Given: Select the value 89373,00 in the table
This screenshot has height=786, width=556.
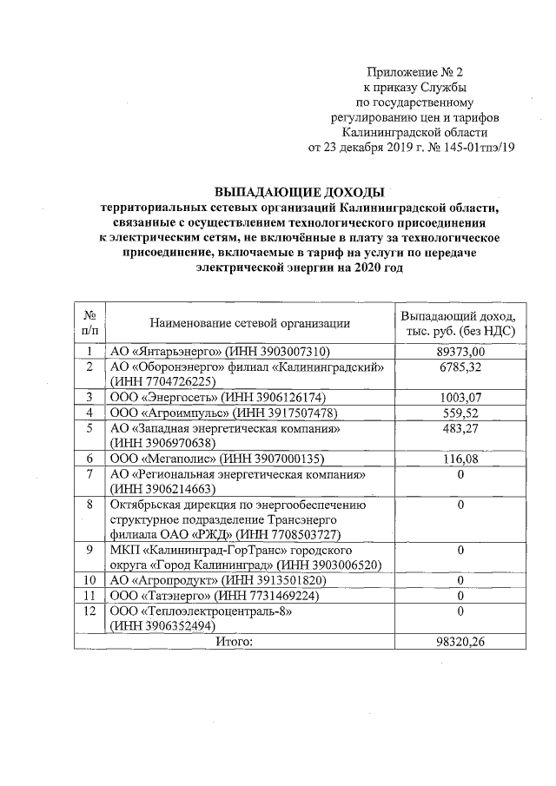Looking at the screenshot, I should pos(460,351).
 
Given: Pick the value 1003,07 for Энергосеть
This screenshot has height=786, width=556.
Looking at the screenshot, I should pos(460,397).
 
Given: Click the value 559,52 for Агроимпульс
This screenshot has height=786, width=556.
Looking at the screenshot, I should pos(460,413).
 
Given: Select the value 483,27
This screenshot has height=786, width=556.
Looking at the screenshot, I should pos(460,428).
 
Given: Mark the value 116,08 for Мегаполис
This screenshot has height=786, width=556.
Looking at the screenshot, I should pos(460,458).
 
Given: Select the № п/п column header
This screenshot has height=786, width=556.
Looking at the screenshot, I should pos(89,323).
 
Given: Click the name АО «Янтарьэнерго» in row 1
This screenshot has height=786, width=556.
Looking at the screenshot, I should pos(166,351).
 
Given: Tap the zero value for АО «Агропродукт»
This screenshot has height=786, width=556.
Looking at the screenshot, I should pos(460,580).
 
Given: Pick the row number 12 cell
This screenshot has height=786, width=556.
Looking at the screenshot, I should pos(89,611).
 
